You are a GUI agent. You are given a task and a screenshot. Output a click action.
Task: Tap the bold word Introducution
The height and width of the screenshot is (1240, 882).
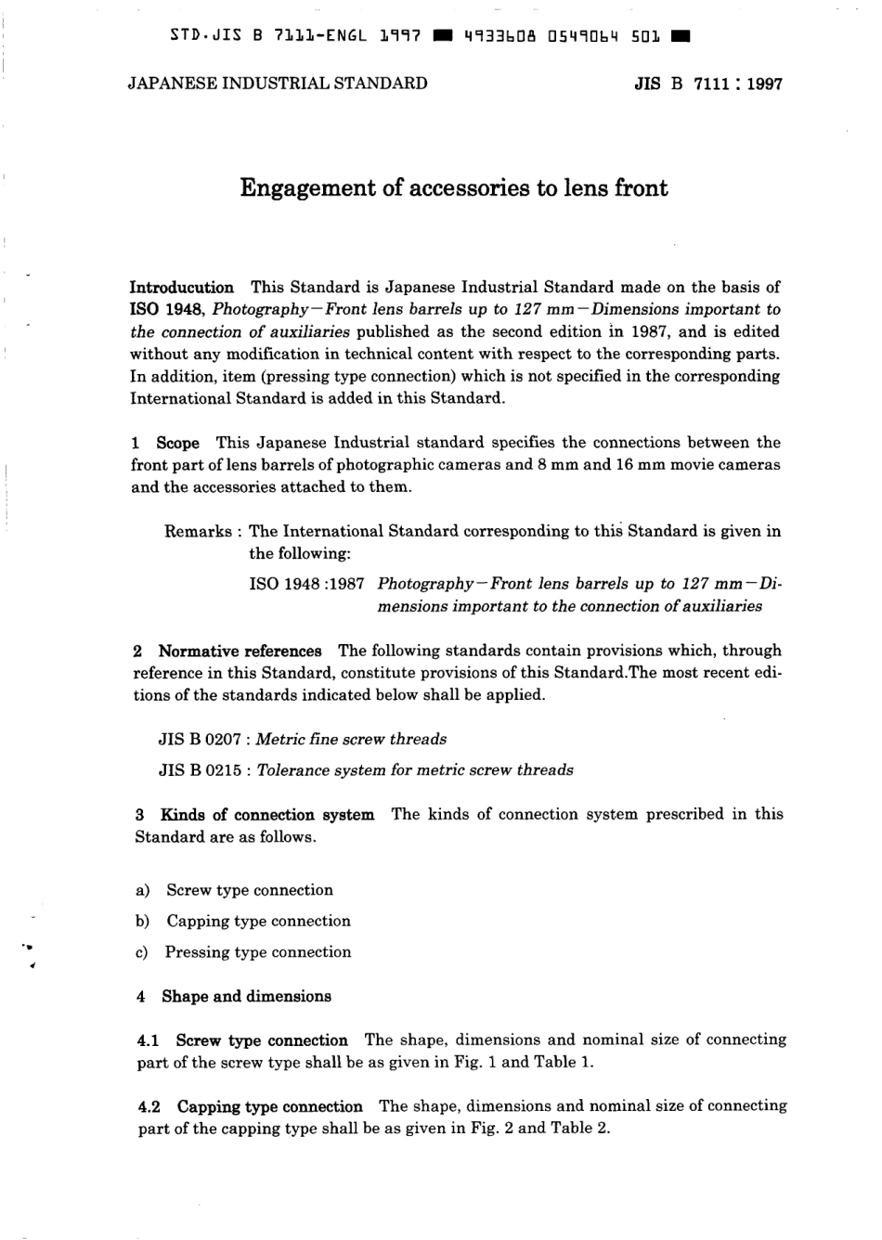pyautogui.click(x=181, y=287)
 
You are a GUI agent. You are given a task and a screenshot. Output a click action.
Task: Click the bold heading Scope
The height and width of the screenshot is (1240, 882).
pyautogui.click(x=177, y=443)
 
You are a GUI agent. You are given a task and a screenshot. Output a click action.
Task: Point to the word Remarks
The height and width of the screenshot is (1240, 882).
pyautogui.click(x=198, y=532)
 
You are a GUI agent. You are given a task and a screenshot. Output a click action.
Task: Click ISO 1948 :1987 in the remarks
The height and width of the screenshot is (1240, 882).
pyautogui.click(x=306, y=584)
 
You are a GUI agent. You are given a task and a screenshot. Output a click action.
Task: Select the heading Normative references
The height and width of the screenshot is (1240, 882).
pyautogui.click(x=240, y=651)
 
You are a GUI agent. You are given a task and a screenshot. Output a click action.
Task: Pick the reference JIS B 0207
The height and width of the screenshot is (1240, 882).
pyautogui.click(x=200, y=740)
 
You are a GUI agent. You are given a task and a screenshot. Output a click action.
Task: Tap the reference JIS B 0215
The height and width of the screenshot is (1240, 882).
pyautogui.click(x=200, y=770)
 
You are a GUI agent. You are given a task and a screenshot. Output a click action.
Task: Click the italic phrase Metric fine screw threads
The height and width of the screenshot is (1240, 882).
pyautogui.click(x=351, y=740)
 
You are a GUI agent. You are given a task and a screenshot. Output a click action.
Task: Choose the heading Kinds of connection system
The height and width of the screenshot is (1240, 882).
pyautogui.click(x=267, y=815)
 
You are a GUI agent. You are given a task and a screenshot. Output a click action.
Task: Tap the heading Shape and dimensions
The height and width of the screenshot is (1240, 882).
pyautogui.click(x=246, y=997)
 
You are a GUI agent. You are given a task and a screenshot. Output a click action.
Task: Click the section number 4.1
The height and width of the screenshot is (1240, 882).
pyautogui.click(x=149, y=1040)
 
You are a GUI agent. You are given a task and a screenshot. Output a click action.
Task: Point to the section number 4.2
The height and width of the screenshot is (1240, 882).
pyautogui.click(x=149, y=1106)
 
